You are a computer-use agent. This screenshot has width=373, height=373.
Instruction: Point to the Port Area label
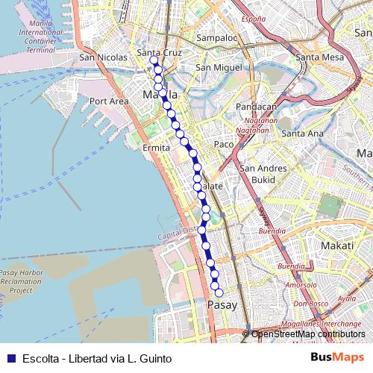(x=109, y=101)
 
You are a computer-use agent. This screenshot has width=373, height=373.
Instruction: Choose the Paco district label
(x=224, y=144)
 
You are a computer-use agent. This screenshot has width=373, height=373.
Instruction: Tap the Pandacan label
(x=256, y=107)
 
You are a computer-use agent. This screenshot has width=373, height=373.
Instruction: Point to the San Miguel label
(x=216, y=67)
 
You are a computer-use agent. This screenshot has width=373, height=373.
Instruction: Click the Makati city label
(x=336, y=245)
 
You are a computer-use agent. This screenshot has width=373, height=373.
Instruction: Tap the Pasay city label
(x=222, y=305)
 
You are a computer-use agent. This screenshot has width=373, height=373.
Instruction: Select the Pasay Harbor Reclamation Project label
(x=21, y=282)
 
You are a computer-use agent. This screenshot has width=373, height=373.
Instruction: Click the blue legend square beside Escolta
(x=11, y=358)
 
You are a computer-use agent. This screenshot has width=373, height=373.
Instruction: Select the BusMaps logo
(x=337, y=358)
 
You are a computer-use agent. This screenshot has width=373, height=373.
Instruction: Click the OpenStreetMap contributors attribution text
(x=308, y=334)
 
